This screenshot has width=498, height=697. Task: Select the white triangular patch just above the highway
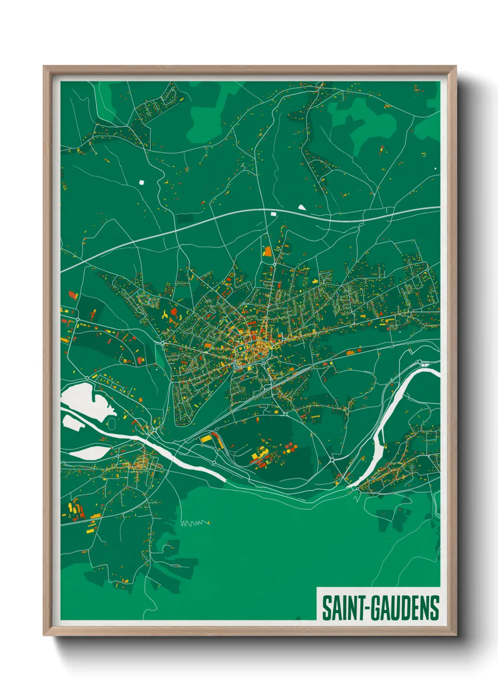tap(301, 206)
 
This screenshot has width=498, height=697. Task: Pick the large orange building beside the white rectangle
tap(268, 251)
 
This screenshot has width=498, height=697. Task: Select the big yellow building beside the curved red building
tap(206, 439)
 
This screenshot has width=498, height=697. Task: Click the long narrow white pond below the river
tap(89, 453)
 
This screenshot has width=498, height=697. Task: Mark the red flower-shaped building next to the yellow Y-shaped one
tap(175, 312)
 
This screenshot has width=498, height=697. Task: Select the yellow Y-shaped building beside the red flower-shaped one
tap(165, 315)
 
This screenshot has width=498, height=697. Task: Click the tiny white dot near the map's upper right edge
tap(435, 168)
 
